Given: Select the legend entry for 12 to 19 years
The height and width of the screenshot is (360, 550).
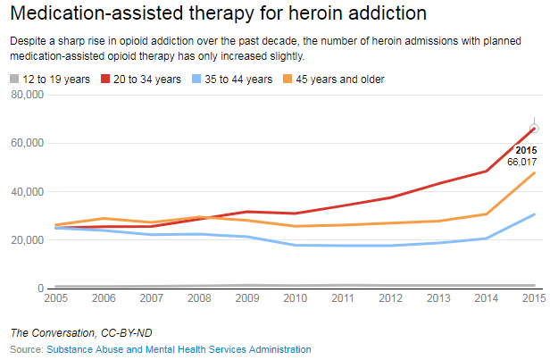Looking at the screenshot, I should (52, 80).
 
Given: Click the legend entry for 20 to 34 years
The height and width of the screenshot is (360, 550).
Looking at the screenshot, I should (142, 80).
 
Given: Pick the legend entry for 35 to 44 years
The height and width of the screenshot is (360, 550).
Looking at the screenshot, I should (234, 80).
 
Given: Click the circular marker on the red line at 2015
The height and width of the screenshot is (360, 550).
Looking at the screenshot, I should (534, 129).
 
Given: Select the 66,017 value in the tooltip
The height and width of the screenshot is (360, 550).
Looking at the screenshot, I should (521, 163).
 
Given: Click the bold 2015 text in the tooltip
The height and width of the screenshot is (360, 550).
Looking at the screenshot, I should (526, 150).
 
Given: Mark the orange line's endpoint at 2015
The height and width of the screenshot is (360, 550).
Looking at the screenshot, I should (534, 172).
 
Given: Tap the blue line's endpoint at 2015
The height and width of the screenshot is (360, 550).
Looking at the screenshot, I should (534, 214).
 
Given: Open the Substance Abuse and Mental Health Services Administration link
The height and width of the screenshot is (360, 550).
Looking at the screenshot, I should (179, 349).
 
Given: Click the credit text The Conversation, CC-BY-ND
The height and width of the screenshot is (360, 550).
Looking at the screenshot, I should (70, 333).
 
